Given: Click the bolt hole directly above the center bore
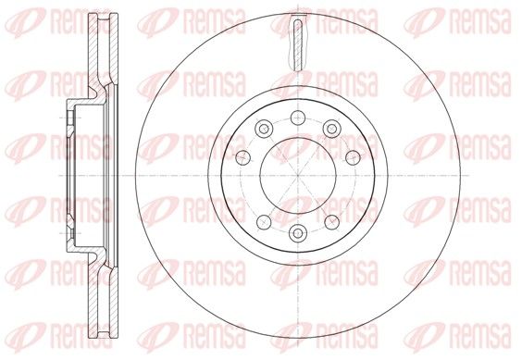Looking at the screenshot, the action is pos(298,118).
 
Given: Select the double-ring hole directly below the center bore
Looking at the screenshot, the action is pos(298,232).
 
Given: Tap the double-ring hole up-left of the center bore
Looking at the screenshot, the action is pos(264,129).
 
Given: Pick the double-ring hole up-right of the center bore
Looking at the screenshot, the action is pos(331,129).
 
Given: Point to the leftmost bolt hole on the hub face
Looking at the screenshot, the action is pos(243,157).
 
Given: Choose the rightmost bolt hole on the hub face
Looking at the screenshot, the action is pos(353,157).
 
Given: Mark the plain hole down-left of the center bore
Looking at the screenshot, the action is pos(264,222).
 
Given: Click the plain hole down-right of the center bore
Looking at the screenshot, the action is pos(332,222).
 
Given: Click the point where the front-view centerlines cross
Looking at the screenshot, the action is pos(298,175).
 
